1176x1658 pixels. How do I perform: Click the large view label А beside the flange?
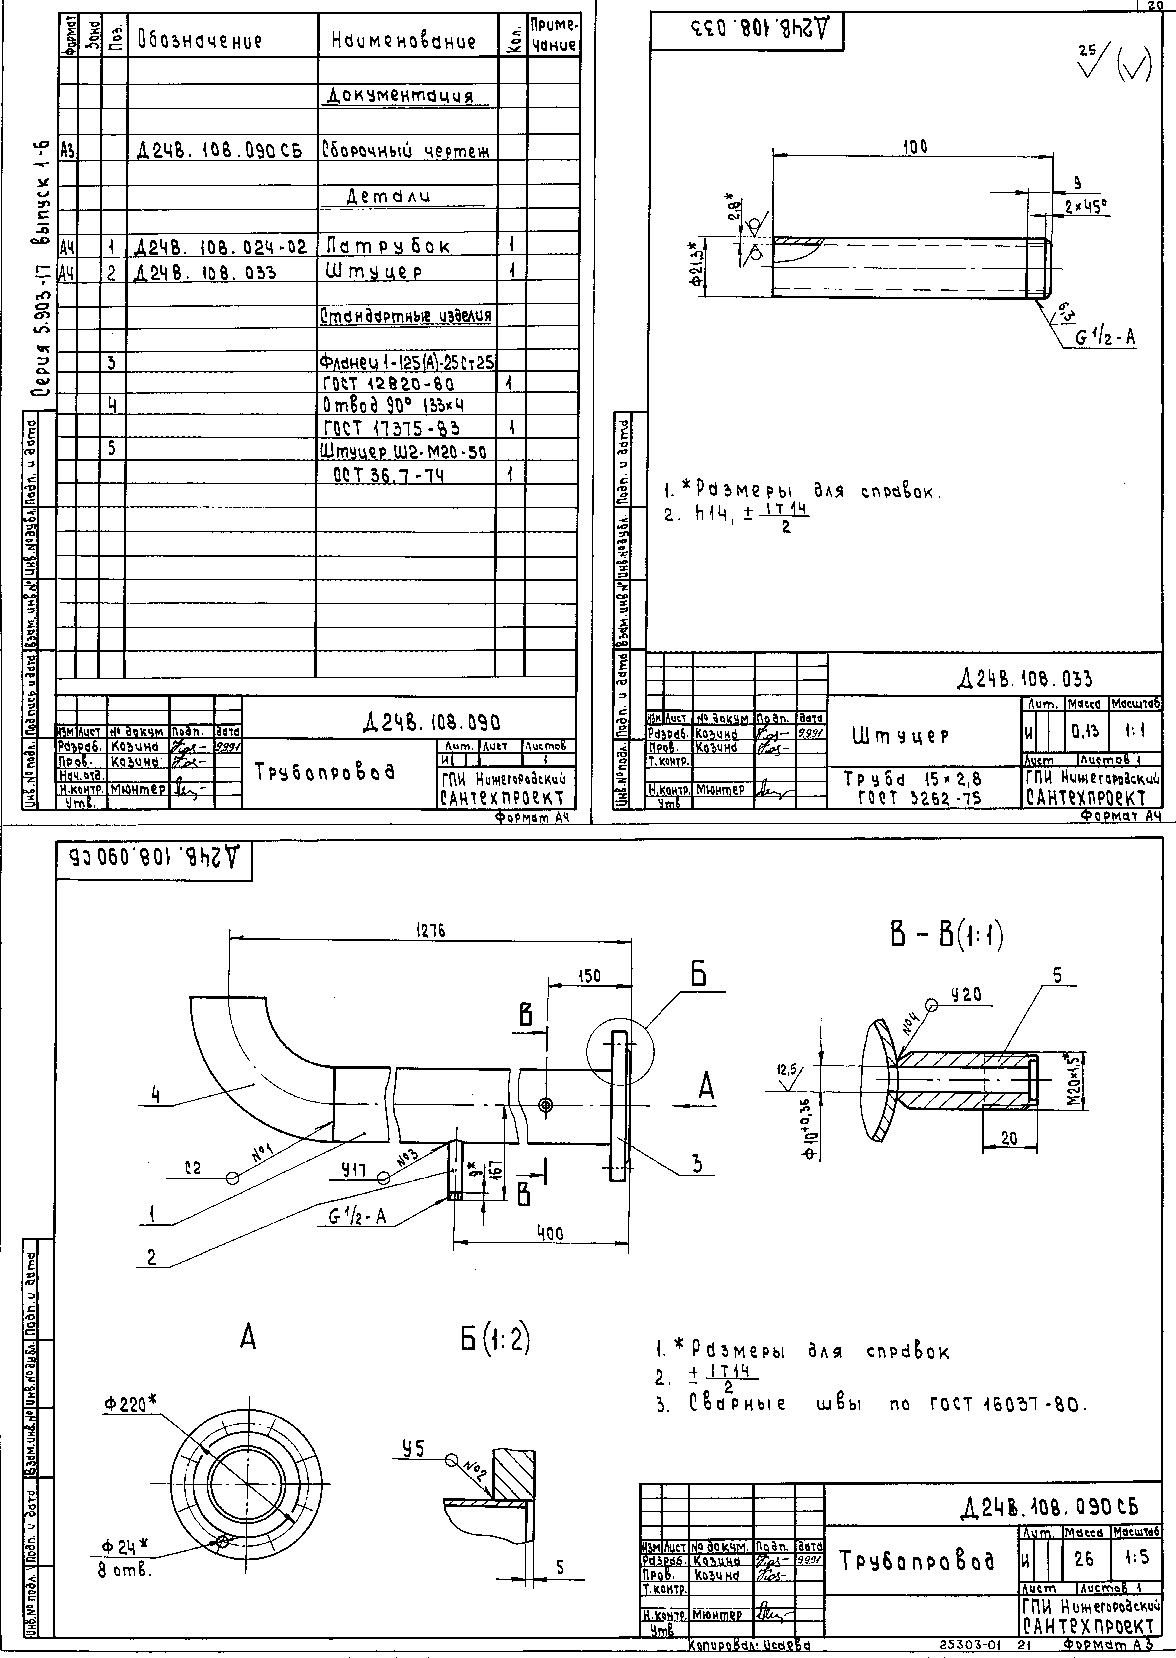(706, 1087)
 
